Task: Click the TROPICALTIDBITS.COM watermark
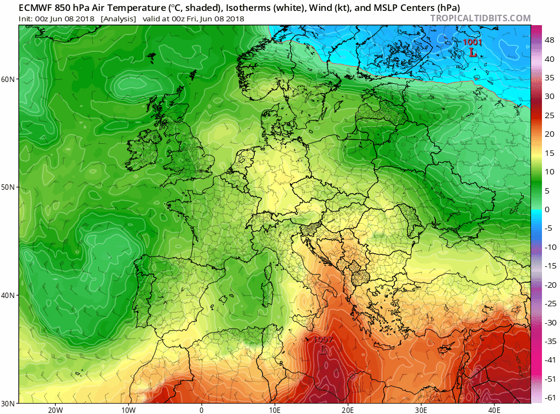(x=480, y=18)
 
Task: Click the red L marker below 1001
(x=472, y=53)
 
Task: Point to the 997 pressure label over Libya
(x=323, y=339)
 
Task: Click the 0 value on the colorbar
(x=547, y=209)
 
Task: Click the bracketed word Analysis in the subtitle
(x=118, y=19)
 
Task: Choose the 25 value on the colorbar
(x=549, y=115)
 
